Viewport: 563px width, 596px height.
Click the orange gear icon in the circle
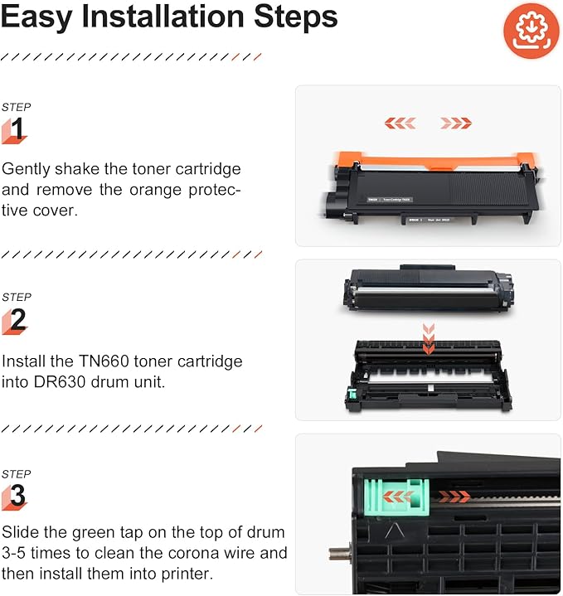click(x=531, y=31)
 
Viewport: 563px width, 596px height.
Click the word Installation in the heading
click(x=163, y=17)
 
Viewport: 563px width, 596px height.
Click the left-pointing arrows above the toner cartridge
click(x=400, y=124)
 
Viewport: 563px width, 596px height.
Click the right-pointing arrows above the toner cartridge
click(x=456, y=124)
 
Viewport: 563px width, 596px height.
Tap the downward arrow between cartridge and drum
click(x=429, y=339)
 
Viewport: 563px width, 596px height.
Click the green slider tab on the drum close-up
click(x=396, y=497)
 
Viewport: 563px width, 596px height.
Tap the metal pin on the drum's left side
click(x=339, y=554)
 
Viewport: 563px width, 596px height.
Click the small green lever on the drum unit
click(x=352, y=395)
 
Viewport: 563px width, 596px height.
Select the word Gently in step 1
click(x=26, y=170)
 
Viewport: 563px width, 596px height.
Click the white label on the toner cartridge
click(x=390, y=200)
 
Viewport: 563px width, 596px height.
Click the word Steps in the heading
click(x=296, y=17)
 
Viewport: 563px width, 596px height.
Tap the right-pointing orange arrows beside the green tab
click(x=454, y=495)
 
